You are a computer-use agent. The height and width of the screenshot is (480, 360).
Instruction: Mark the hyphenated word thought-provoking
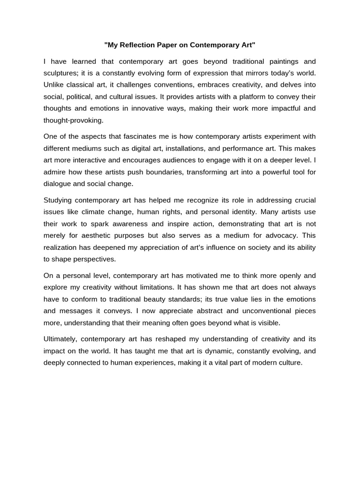coord(73,120)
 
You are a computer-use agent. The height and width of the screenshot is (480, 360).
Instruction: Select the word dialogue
coord(58,184)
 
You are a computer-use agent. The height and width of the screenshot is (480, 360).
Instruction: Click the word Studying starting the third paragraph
coord(58,200)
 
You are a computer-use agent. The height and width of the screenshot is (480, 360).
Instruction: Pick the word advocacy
coord(283,235)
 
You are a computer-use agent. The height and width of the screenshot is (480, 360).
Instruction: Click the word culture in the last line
coord(291,362)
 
